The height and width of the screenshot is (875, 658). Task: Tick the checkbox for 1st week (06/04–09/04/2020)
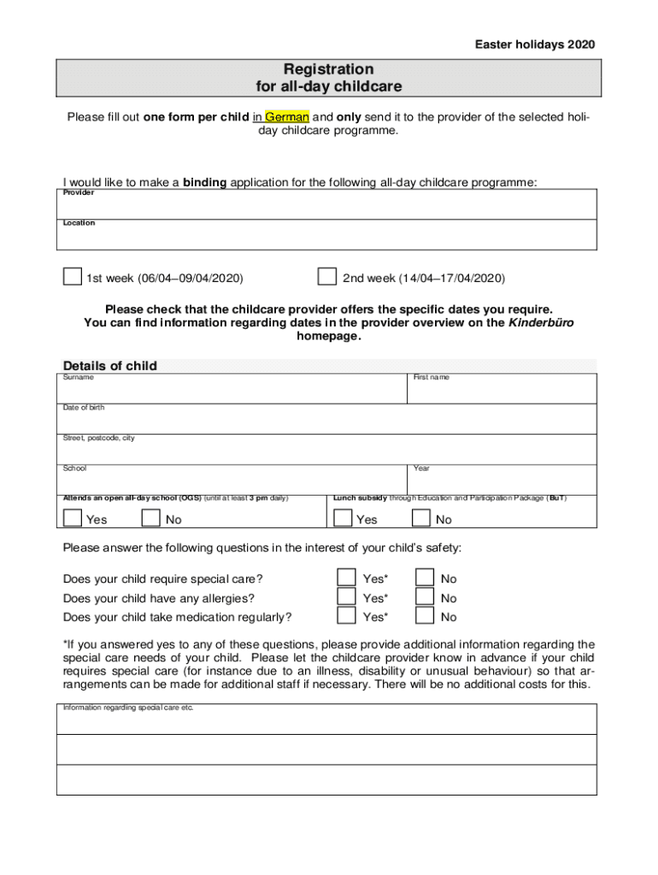73,277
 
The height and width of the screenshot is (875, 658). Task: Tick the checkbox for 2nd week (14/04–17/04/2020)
326,277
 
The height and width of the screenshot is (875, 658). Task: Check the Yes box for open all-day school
73,519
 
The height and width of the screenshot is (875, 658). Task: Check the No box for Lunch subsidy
421,519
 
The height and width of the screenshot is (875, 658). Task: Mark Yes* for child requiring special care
346,578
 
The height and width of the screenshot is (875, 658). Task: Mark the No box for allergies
425,597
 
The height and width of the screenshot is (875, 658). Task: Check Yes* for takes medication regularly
346,616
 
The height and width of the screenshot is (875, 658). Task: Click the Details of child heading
110,366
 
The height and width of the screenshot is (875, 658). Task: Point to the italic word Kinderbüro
541,323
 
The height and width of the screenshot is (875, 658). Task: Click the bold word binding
204,182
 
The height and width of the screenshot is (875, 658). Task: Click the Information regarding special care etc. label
128,708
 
